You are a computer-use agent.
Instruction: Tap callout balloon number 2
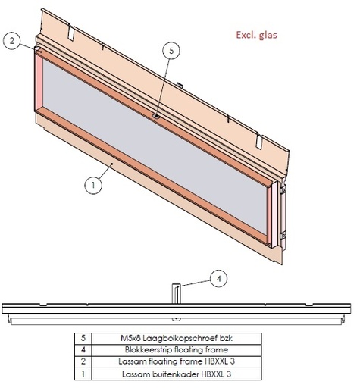tap(11, 42)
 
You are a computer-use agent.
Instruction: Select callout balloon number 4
tap(218, 279)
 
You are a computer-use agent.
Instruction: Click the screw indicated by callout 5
tap(155, 116)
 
